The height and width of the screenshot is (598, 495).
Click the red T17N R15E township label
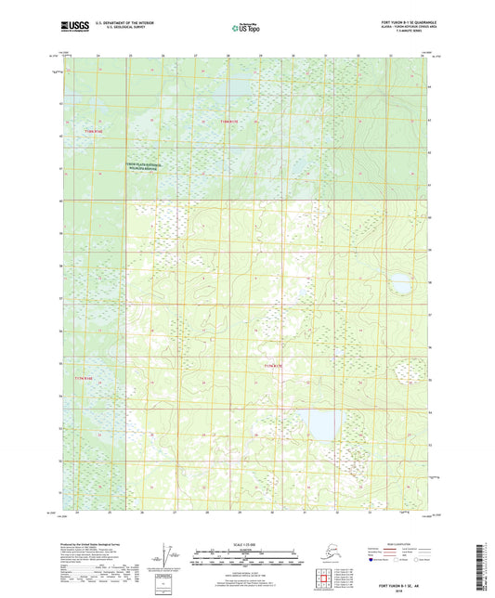[x=276, y=368]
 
